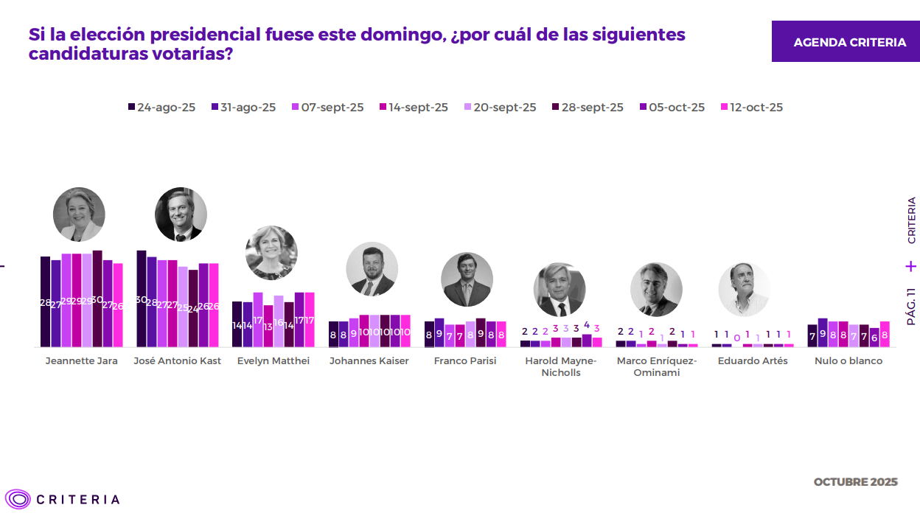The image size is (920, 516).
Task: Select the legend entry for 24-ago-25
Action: coord(161,107)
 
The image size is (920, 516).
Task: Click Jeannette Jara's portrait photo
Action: coord(79,215)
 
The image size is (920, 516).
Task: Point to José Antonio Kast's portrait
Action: coord(181,215)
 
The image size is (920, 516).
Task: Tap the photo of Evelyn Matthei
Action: coord(271,253)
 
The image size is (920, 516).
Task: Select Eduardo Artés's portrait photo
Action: coord(745,290)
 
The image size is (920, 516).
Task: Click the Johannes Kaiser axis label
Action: coord(369,361)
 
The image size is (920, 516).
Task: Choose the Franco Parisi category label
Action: coord(465,361)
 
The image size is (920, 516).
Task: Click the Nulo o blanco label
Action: coord(848,361)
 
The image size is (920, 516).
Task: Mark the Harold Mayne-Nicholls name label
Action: coord(561,366)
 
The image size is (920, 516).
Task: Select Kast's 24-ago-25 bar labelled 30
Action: coord(142,299)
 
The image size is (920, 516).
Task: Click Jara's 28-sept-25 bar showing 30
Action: coord(97,299)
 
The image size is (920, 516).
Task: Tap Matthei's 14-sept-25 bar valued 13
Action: coord(268,325)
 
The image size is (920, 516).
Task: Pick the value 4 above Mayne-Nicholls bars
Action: coord(587,325)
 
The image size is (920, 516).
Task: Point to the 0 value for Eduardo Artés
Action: coord(737,338)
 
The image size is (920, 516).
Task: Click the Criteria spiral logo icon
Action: coord(17,499)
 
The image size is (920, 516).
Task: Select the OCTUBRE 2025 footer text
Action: coord(855,482)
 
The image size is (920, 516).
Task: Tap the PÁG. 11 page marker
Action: coord(912,306)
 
